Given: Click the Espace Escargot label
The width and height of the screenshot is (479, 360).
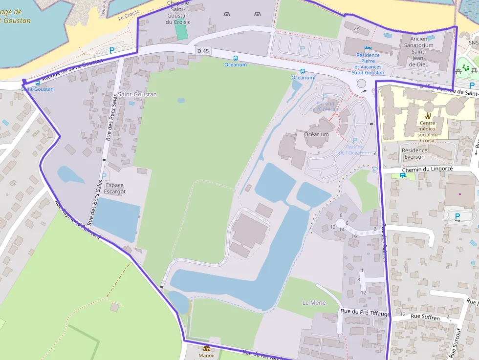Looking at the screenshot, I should [x=115, y=188].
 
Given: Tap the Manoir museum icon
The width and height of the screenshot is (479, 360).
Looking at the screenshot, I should [x=207, y=348].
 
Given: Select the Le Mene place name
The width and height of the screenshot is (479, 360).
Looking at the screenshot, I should [x=314, y=303].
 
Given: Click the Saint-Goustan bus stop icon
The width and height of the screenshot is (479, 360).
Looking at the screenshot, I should [x=38, y=83].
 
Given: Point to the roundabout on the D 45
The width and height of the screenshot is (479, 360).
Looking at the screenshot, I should [x=361, y=84].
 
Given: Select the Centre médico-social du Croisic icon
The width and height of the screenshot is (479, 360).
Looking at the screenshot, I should [x=428, y=116].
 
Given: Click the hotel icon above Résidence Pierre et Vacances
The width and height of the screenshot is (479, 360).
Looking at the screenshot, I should [x=368, y=48].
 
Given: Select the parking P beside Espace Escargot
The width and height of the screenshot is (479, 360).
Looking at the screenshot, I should [x=103, y=176].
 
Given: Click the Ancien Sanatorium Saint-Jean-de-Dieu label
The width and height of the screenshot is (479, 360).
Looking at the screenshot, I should [x=419, y=51].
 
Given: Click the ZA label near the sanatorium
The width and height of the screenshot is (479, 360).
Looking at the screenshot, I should [x=356, y=29].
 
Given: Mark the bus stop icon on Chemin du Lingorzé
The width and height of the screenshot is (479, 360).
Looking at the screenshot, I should [x=402, y=175].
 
